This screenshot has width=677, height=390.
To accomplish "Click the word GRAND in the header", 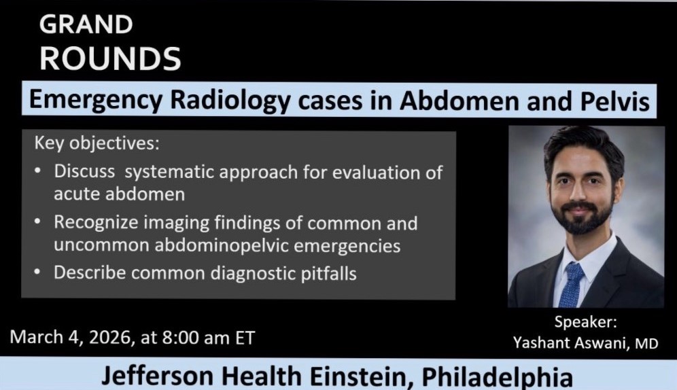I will pyautogui.click(x=86, y=24).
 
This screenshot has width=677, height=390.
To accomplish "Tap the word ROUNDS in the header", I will pyautogui.click(x=110, y=58).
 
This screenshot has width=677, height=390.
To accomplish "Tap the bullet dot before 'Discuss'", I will pyautogui.click(x=39, y=171).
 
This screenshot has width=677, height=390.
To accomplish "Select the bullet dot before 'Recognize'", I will pyautogui.click(x=39, y=222).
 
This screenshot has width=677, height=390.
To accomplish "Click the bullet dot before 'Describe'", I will pyautogui.click(x=39, y=273).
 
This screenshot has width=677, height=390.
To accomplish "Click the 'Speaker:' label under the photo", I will pyautogui.click(x=585, y=323).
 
